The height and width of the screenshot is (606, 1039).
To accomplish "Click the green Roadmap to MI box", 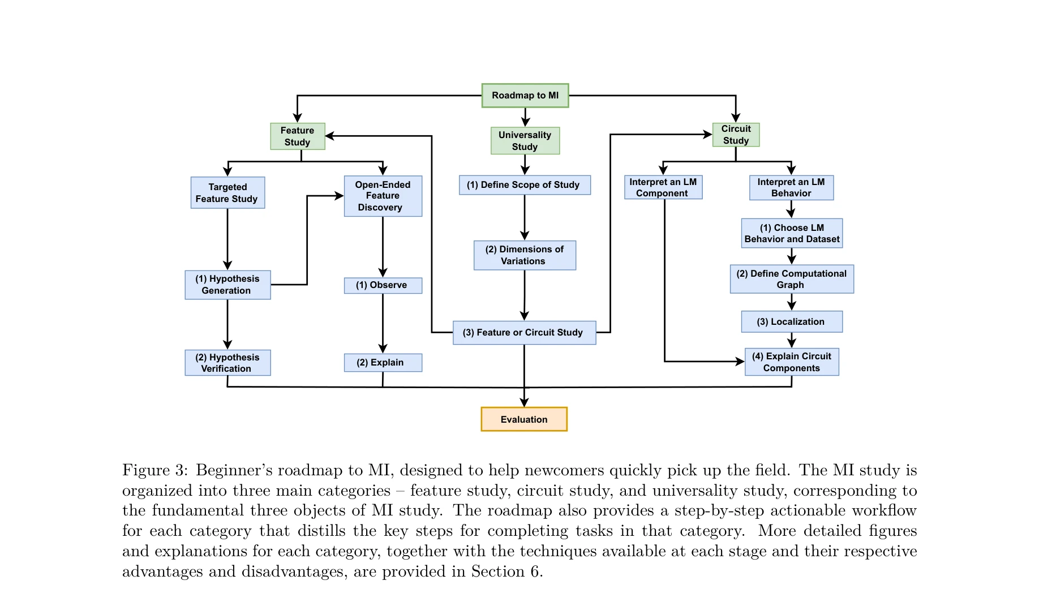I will click(x=525, y=96).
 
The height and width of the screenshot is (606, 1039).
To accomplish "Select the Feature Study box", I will click(x=298, y=136).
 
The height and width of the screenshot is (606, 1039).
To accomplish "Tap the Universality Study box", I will click(x=525, y=140).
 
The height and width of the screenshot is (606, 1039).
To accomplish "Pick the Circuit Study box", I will click(x=736, y=135).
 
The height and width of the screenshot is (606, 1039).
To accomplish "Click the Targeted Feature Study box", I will click(x=227, y=193).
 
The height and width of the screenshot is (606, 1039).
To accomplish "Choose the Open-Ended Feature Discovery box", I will click(x=383, y=196).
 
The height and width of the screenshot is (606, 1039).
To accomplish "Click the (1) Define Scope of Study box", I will click(x=524, y=185).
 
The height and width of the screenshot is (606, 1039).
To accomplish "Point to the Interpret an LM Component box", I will click(x=663, y=187).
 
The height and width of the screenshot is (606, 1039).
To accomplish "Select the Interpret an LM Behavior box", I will click(x=791, y=187).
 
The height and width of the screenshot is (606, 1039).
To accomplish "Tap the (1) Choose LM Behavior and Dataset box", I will click(x=792, y=233).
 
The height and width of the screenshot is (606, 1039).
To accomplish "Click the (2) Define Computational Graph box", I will click(x=791, y=279).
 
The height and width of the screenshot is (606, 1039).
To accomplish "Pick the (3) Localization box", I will click(x=791, y=321).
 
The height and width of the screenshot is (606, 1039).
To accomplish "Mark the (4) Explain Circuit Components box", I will click(x=791, y=362).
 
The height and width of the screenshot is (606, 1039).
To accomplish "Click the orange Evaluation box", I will click(x=524, y=419).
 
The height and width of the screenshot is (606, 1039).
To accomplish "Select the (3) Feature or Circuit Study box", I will click(x=524, y=333).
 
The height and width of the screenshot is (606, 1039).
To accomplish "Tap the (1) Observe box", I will click(x=383, y=285).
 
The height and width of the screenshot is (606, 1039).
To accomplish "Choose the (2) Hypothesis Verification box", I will click(x=227, y=363).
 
